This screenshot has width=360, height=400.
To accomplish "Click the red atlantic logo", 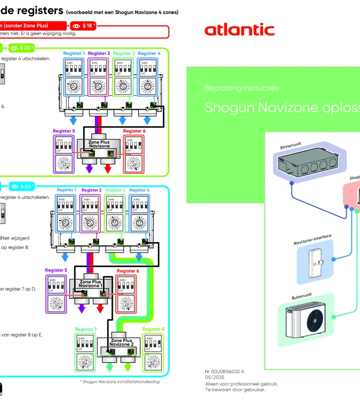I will point(239,30).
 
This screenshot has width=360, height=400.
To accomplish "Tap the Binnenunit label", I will point(291,145).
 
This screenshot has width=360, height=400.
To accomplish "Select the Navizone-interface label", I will point(313,239).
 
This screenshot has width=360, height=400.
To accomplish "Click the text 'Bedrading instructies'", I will point(242,88).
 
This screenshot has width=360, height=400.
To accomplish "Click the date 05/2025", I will point(214,377).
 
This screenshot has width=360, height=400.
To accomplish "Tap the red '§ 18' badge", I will point(83,25).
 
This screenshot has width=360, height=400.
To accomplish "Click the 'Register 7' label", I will point(86,330).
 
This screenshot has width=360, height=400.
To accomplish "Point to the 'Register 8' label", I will point(153,330).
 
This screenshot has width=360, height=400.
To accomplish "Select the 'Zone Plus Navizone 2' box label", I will point(121,342).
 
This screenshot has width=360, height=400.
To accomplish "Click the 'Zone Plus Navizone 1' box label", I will point(90,284).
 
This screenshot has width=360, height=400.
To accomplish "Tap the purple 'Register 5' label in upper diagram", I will point(63,131).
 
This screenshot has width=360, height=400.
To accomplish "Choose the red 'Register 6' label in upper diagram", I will point(134,131).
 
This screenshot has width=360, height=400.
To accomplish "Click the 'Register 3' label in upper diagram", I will point(124,53).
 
